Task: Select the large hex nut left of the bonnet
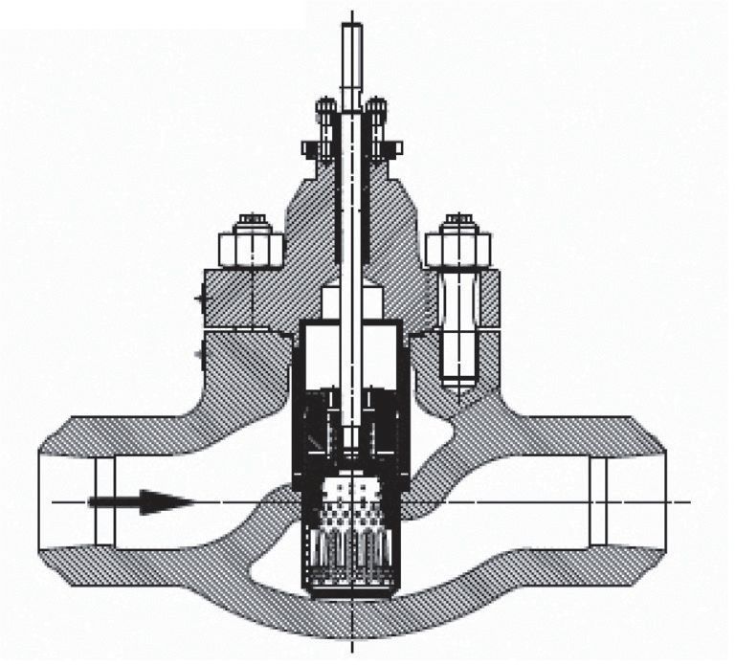tap(252, 247)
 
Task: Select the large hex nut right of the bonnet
tap(457, 247)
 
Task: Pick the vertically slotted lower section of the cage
tap(351, 560)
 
